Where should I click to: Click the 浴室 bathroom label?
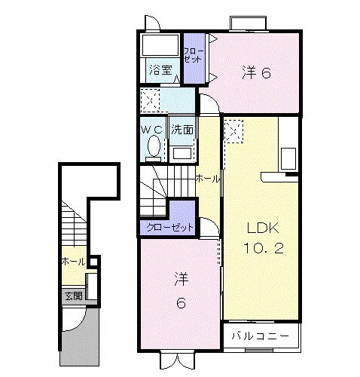click(160, 71)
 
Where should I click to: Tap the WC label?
click(153, 129)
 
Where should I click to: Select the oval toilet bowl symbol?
click(154, 146)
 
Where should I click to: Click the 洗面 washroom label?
click(182, 129)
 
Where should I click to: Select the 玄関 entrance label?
click(72, 295)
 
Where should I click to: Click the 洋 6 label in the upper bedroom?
click(256, 72)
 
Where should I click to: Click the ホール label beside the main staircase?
click(208, 179)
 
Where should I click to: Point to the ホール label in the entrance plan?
click(72, 262)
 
